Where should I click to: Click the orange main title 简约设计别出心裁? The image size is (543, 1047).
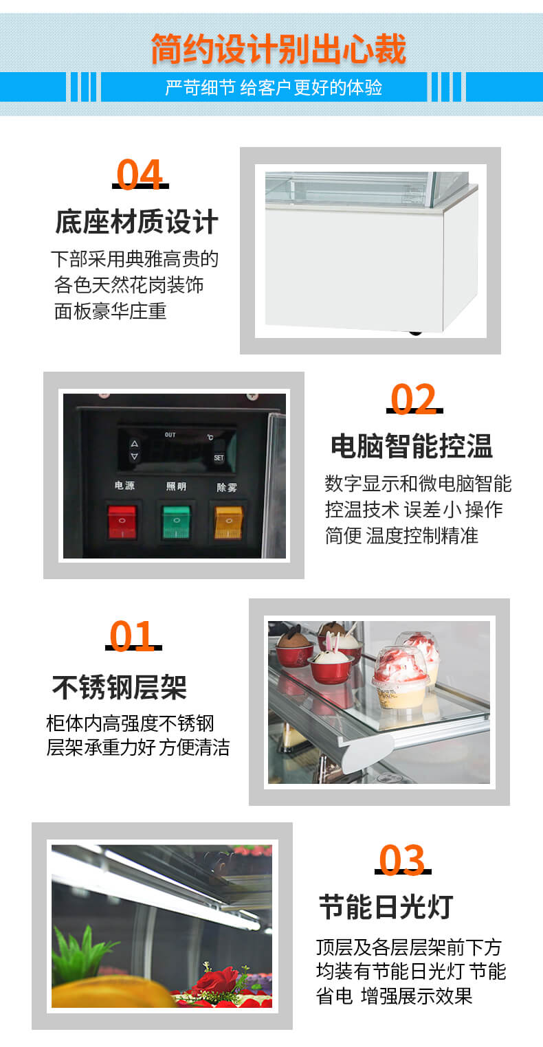click(278, 49)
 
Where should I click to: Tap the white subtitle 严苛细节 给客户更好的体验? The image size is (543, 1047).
click(274, 87)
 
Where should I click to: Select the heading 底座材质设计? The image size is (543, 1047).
click(137, 223)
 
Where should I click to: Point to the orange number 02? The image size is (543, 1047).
click(414, 399)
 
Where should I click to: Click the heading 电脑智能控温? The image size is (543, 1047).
click(412, 446)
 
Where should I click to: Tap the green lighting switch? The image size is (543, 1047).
click(176, 522)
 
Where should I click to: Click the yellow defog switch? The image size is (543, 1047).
click(228, 522)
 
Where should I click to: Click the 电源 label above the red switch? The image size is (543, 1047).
click(124, 486)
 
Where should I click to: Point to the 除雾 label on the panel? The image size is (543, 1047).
click(227, 487)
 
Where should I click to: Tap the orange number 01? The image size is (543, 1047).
click(133, 637)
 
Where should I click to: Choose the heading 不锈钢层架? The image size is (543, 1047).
click(120, 686)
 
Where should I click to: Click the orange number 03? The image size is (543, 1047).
click(402, 860)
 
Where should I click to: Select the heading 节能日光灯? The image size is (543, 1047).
click(386, 907)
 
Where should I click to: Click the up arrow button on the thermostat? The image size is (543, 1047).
click(134, 444)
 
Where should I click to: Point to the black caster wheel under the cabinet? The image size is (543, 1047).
click(414, 333)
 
